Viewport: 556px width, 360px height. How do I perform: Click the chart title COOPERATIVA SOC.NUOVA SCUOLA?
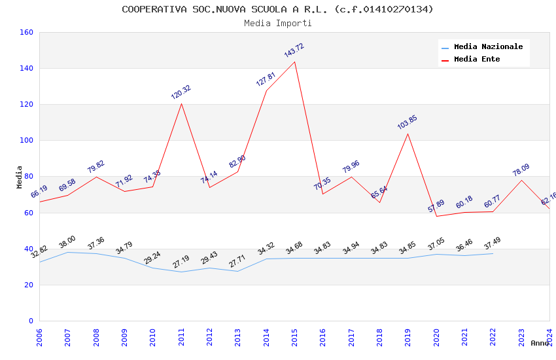coord(277,9)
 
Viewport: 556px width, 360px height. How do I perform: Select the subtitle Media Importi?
coord(277,23)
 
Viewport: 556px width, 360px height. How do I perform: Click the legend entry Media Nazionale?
coord(488,47)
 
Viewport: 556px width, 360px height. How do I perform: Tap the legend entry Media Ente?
coord(477,59)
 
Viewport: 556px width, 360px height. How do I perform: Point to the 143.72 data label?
coord(294,50)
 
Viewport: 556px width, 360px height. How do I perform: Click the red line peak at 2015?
coord(294,62)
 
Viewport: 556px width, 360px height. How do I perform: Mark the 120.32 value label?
coord(181,92)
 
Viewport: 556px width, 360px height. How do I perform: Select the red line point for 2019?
coord(408,134)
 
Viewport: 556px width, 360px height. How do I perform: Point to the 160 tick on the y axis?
coord(27,32)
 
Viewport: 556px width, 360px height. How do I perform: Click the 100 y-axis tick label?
coord(27,140)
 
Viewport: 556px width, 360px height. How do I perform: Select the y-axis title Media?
coord(19,177)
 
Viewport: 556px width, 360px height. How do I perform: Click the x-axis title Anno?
coord(540,343)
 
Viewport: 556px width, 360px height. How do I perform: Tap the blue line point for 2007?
coord(68,252)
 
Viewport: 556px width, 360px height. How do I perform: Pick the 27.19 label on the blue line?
coord(181,261)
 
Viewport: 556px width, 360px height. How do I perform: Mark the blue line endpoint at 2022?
coord(493,253)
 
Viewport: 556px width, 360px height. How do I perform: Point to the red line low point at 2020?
coord(436,216)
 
